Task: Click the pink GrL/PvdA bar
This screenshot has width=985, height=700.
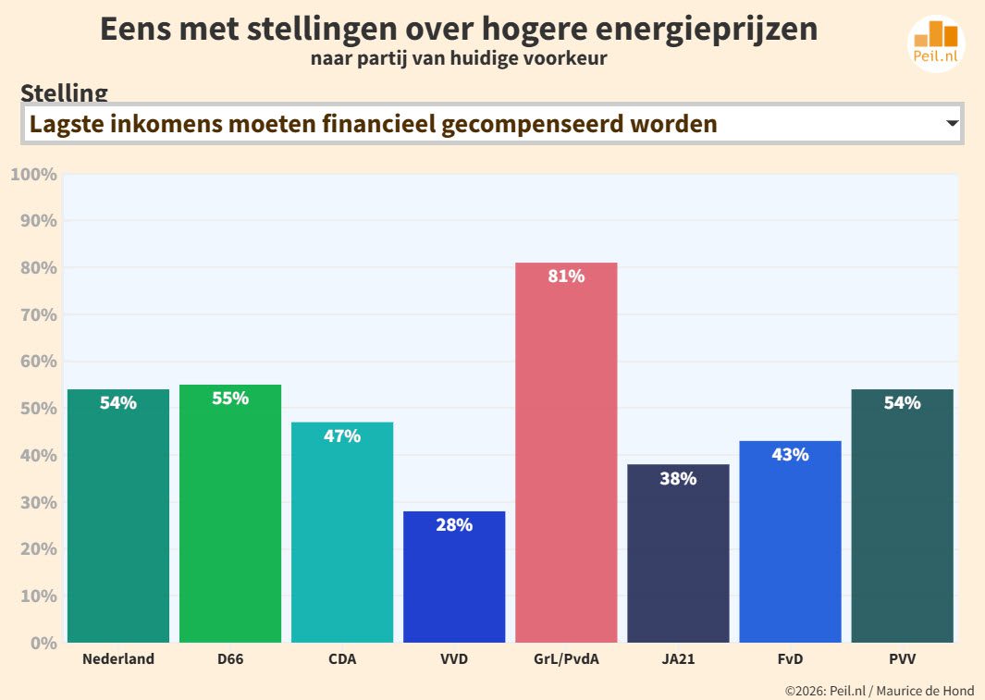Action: coord(566,453)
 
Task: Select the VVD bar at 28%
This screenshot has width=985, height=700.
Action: coord(454,577)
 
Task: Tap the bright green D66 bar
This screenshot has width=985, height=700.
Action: coord(230,513)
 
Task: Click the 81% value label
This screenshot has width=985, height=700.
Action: coord(566,276)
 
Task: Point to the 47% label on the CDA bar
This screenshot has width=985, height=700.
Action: coord(342,436)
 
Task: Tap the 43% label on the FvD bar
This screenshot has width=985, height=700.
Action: coord(790,455)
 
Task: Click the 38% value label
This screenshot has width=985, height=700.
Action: coord(678,479)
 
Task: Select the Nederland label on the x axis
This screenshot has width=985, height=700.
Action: coord(118,659)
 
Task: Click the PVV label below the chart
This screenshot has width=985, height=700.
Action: coord(902,659)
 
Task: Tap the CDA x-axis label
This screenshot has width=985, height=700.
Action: coord(342,659)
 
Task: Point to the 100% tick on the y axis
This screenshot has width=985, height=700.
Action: coord(34,175)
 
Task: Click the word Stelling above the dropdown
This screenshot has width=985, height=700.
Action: coord(64,92)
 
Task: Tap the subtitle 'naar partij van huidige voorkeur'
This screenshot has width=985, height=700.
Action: coord(459,59)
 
